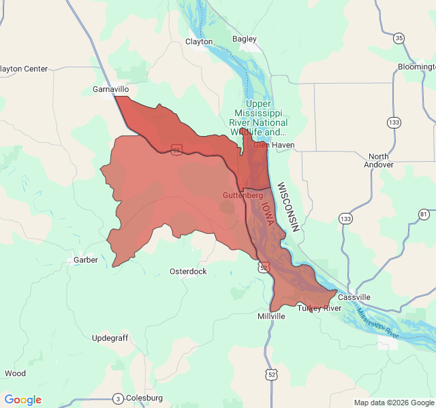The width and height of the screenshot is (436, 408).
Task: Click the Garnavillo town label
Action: coord(110,89)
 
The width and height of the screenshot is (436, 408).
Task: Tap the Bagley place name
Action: coord(245,39)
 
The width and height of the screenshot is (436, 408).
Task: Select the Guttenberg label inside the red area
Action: coord(243,195)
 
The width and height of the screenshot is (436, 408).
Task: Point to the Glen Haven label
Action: coord(274,145)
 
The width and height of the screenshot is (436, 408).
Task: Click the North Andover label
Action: coord(379,160)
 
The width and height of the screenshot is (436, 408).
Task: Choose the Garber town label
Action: coord(86,260)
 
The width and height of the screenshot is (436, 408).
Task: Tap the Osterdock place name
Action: coord(188,271)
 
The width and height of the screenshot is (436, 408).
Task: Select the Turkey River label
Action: coord(319,308)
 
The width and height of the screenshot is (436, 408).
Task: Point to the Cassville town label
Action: coord(354,297)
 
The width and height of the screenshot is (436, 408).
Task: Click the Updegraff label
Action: coord(110,338)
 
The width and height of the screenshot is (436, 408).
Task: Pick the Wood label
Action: coord(15,373)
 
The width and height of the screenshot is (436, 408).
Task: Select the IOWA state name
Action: coord(267,212)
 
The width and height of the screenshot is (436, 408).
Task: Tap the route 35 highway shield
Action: coord(399,37)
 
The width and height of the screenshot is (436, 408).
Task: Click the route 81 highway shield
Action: coord(424,214)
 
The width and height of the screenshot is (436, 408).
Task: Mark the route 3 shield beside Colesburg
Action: coord(118,398)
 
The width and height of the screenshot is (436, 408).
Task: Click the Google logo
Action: coord(22,400)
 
